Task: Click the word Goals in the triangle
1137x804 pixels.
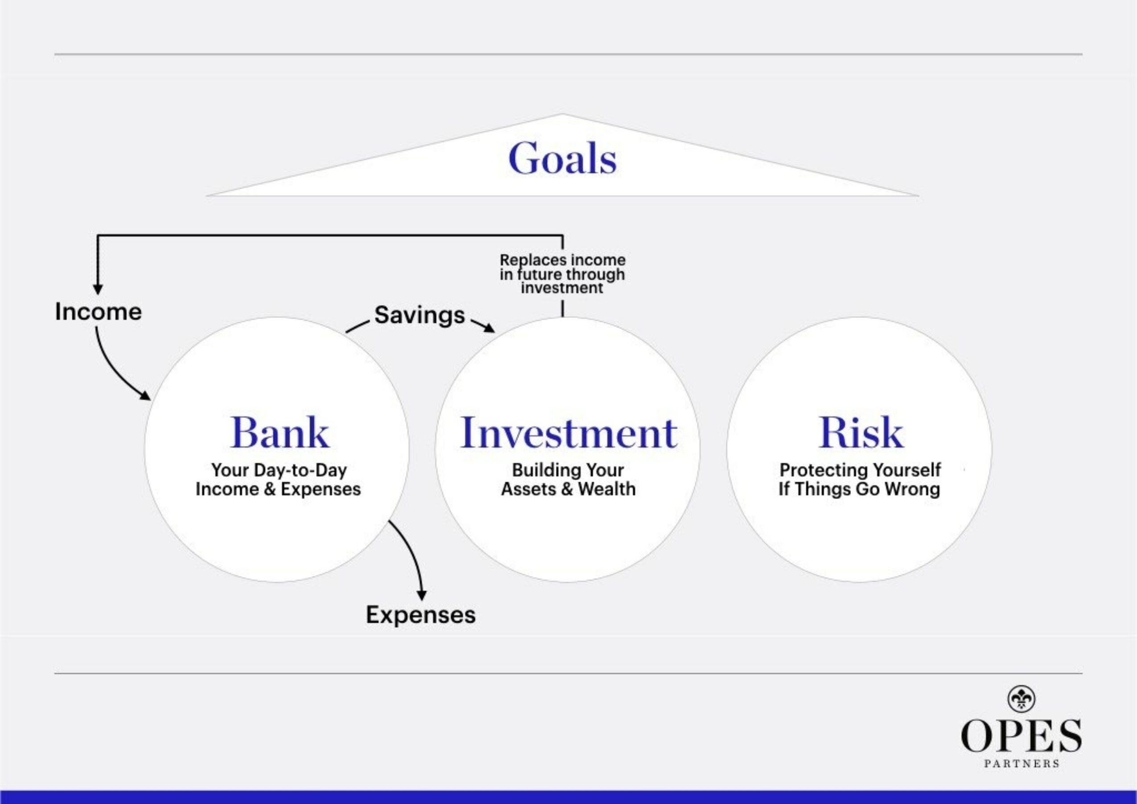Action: (x=562, y=158)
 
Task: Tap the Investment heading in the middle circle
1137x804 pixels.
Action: (x=568, y=433)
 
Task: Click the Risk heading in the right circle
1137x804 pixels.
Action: (x=860, y=433)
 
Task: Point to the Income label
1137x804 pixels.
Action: (x=98, y=312)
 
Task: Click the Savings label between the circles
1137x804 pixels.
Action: (x=419, y=315)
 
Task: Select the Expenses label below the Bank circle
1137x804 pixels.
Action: (x=420, y=615)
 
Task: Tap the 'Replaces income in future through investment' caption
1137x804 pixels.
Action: (x=562, y=274)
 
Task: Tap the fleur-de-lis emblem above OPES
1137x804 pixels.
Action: (x=1021, y=698)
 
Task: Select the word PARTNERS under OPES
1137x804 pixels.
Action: (x=1021, y=764)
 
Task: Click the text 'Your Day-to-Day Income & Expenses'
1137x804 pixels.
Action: (x=278, y=479)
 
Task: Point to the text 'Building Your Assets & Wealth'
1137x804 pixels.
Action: (x=568, y=479)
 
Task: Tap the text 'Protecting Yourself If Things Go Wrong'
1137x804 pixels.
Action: (x=860, y=479)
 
